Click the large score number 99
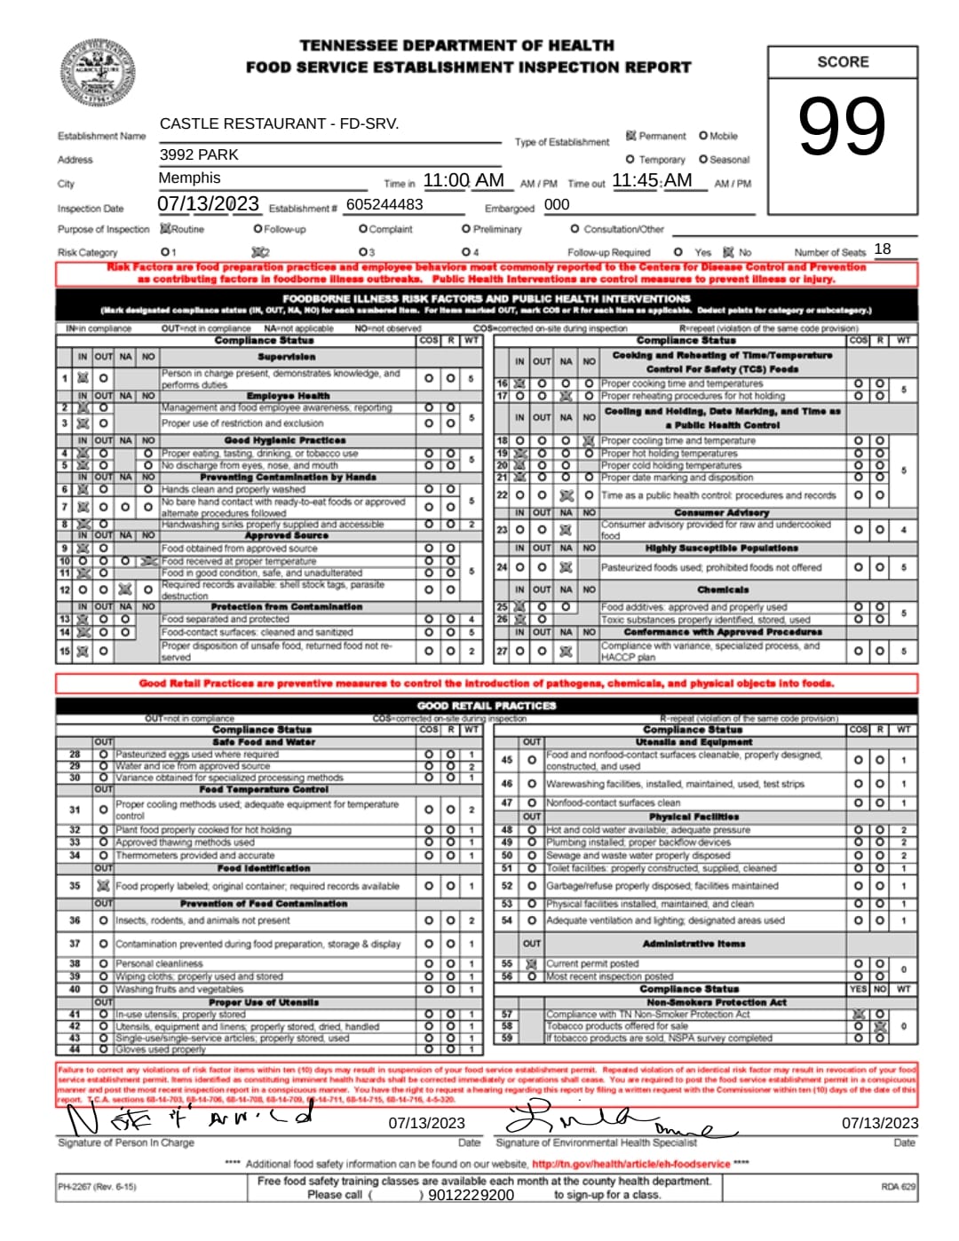(x=841, y=126)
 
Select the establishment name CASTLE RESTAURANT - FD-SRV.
(x=279, y=123)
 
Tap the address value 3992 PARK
(x=199, y=154)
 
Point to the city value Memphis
(x=189, y=178)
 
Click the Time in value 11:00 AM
(x=464, y=180)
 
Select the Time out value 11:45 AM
(x=652, y=180)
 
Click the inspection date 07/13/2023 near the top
(x=208, y=204)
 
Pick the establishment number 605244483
(x=384, y=204)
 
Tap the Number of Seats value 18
(x=882, y=249)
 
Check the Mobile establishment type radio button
(x=703, y=136)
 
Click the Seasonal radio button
(x=703, y=160)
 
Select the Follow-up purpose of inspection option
(x=258, y=229)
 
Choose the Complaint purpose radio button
(x=363, y=229)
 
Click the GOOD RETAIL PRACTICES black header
(x=486, y=706)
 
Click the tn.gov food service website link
(x=630, y=1164)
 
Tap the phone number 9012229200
(x=471, y=1195)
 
